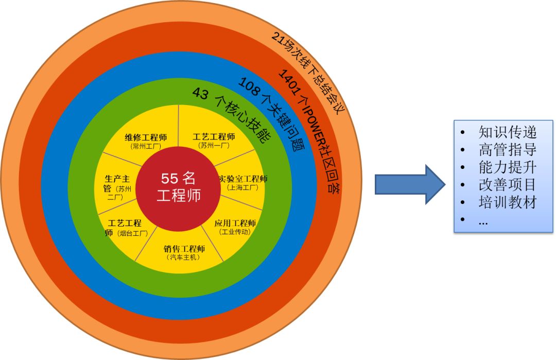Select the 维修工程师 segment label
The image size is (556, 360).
click(146, 138)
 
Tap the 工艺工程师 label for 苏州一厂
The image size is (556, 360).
click(214, 138)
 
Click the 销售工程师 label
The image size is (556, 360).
click(184, 249)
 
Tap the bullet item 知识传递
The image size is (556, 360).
click(507, 132)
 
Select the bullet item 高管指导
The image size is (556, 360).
click(507, 150)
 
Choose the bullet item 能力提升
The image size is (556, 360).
click(507, 167)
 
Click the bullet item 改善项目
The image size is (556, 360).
click(507, 184)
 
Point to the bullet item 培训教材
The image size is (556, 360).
click(507, 202)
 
